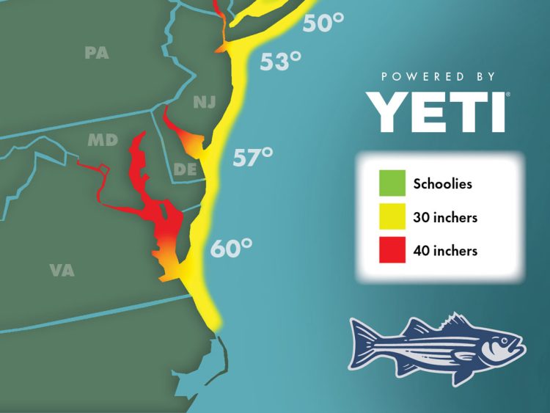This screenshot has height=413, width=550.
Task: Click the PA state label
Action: (96, 53)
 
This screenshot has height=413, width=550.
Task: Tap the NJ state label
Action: (205, 103)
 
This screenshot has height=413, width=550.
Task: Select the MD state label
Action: (103, 139)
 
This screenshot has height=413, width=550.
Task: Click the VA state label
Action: (62, 270)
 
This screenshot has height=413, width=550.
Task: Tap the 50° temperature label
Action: (323, 23)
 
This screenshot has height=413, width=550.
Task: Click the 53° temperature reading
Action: (281, 61)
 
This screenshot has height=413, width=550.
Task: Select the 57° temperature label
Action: (253, 156)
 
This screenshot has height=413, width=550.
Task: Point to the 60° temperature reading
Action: (231, 248)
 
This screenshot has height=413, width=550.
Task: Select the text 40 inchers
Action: (445, 251)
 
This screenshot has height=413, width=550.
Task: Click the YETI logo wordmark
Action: (438, 111)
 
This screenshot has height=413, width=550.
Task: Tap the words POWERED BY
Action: (439, 76)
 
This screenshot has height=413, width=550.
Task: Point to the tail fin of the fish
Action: (363, 346)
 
